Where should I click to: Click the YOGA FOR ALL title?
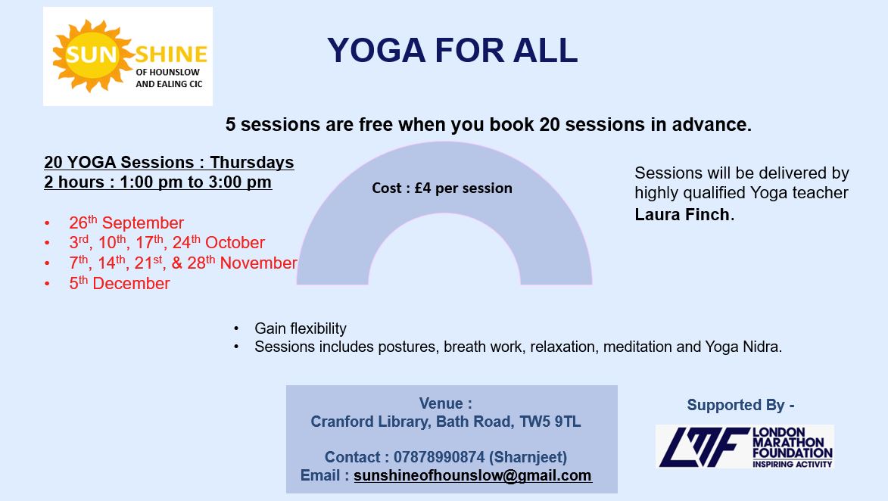point(453,50)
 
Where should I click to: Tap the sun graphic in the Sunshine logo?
point(91,55)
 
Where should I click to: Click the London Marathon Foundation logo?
point(745,447)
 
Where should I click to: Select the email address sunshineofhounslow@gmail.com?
point(473,475)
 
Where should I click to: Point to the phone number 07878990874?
point(439,457)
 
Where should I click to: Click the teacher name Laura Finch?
point(682,215)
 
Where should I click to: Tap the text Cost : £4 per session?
point(442,188)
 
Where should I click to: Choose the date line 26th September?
point(126,222)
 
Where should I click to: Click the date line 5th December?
point(120,282)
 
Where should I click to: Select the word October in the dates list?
point(235,243)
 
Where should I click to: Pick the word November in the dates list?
point(259,263)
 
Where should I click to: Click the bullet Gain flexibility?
point(300,328)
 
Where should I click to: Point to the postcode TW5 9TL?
point(550,422)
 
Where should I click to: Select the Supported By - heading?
point(740,405)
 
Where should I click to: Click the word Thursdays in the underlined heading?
point(252,163)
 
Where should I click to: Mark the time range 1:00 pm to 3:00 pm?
point(195,182)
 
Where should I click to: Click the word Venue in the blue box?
point(441,403)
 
